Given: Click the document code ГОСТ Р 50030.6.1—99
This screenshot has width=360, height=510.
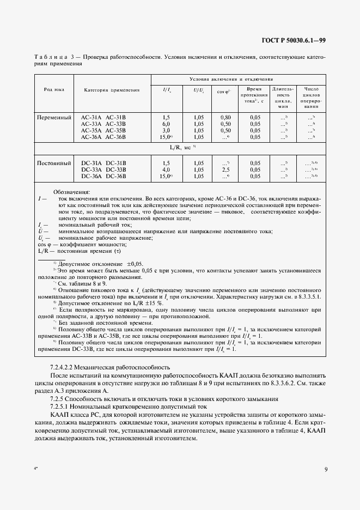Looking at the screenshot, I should (294, 40).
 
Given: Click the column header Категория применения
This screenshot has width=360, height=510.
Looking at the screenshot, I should (111, 89).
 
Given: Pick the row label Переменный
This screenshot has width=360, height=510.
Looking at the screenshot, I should (54, 118).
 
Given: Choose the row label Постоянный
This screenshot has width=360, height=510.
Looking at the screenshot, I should (54, 163).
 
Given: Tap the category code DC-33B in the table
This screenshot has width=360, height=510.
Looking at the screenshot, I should (115, 169).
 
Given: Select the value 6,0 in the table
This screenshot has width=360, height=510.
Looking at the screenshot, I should (167, 124).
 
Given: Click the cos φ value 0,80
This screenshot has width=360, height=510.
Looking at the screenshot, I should (224, 118).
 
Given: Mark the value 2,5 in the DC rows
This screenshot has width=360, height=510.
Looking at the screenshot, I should (224, 169).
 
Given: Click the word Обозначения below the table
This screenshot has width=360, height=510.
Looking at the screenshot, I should (72, 192).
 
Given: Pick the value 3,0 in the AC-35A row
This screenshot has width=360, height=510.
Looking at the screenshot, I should (167, 131).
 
